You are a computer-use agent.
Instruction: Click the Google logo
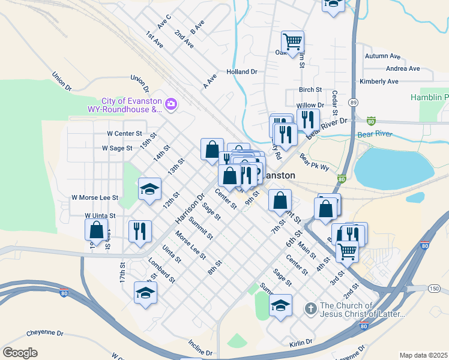(20, 353)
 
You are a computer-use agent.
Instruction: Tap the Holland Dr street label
(241, 71)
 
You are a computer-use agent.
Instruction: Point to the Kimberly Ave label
(379, 82)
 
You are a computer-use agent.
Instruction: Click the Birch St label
(310, 90)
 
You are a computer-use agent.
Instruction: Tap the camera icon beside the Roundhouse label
(171, 105)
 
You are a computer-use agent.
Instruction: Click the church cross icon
(310, 309)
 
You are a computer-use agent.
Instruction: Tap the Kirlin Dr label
(300, 342)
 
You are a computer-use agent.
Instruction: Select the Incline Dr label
(200, 348)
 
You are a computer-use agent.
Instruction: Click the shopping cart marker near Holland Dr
(292, 42)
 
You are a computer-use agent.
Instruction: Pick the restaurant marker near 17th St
(140, 232)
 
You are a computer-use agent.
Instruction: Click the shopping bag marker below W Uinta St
(96, 230)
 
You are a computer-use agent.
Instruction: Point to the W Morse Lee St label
(95, 197)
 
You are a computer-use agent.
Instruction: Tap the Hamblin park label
(429, 97)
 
